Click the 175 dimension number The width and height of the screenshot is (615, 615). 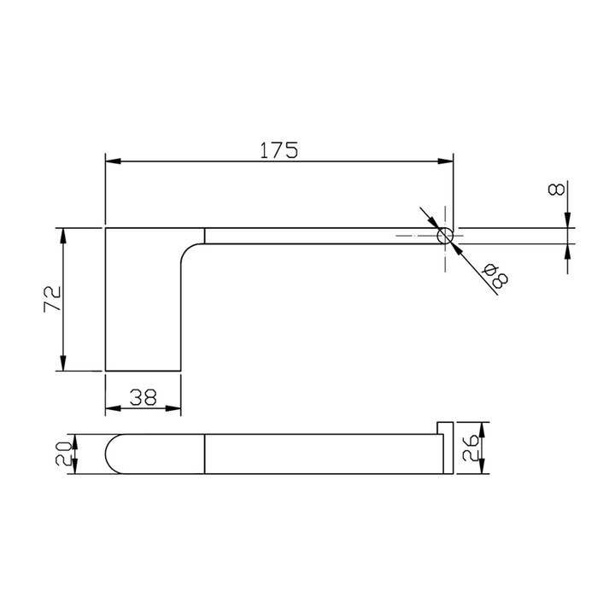coord(278,149)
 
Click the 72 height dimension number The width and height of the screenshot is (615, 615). coord(52,299)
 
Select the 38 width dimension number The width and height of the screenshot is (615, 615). coord(143,396)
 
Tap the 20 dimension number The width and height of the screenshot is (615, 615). coord(62,454)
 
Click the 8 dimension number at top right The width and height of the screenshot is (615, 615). coord(556,190)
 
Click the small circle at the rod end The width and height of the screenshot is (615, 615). coord(445,236)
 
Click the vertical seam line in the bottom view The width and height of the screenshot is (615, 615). coord(206,454)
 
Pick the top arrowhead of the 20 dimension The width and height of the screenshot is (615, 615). coord(75,440)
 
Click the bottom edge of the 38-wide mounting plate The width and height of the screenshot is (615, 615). coord(143,372)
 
